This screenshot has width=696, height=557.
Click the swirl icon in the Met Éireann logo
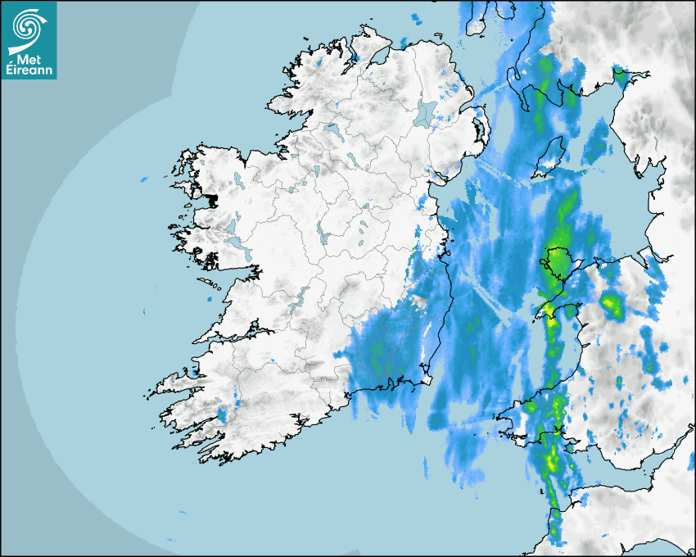coord(28,25)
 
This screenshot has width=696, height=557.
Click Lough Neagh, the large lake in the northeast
coord(425,112)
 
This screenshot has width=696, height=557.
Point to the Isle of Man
coord(551,156)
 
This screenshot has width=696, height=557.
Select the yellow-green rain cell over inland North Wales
coord(611,305)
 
